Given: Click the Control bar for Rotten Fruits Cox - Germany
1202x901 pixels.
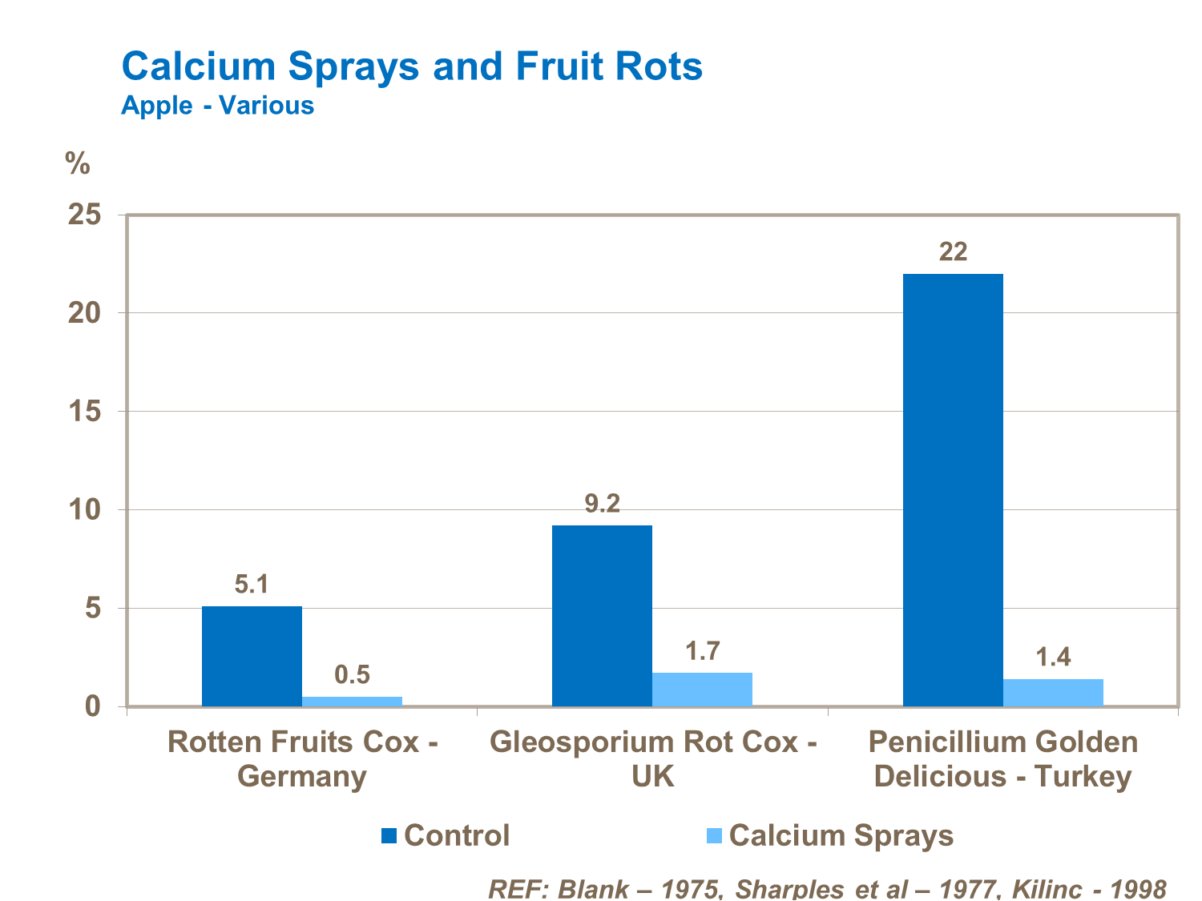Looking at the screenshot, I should [x=252, y=656].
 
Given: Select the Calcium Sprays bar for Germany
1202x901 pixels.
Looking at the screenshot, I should [x=352, y=702].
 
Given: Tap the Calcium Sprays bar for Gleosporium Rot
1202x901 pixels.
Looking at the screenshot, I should [x=703, y=690].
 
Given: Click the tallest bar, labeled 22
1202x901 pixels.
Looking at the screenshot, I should [x=953, y=489].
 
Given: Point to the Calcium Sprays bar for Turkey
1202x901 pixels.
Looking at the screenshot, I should [x=1053, y=693].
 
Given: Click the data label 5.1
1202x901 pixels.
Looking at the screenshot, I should [x=252, y=585].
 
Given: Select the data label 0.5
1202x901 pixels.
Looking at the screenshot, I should [x=352, y=675].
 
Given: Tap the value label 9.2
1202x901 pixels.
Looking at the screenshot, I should [x=603, y=504].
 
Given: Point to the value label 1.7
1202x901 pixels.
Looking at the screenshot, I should [x=703, y=651].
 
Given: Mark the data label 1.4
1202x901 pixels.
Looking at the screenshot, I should [x=1053, y=658].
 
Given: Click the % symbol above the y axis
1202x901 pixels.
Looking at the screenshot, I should [x=78, y=163].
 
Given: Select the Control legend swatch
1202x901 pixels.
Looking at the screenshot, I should [x=389, y=836].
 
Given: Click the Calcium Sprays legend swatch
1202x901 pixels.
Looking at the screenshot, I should [x=714, y=836].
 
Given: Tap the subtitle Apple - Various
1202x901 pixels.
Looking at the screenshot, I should [x=217, y=106].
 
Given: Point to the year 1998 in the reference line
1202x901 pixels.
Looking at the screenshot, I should [x=1133, y=889].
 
